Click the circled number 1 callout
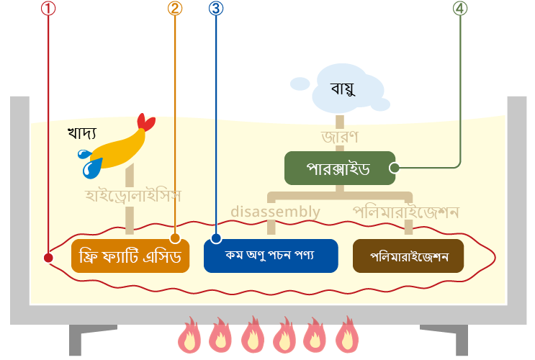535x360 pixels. [48, 8]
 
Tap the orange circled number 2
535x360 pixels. [175, 8]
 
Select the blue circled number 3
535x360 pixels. [216, 8]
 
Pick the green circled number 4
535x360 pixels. [460, 8]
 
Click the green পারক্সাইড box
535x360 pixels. [340, 168]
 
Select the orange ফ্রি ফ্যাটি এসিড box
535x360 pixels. [130, 256]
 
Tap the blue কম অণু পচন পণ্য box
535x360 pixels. [271, 256]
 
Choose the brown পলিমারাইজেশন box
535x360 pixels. [408, 256]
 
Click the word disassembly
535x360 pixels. [275, 212]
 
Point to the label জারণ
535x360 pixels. [340, 137]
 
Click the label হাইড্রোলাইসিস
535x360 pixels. [132, 196]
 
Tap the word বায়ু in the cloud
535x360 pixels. [343, 89]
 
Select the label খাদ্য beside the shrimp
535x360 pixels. [82, 132]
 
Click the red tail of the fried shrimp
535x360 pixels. [146, 122]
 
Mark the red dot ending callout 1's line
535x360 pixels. [48, 258]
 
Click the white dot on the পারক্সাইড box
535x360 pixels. [395, 168]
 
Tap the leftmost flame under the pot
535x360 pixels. [189, 336]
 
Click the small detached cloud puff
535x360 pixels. [300, 84]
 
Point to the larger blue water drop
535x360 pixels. [91, 168]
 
